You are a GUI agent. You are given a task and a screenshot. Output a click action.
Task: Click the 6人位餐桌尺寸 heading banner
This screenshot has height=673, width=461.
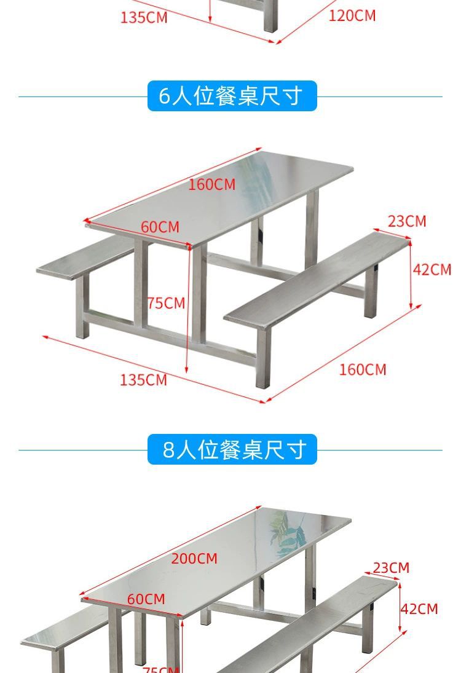point(232,96)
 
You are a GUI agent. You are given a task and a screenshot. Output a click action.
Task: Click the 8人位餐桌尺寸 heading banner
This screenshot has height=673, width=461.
point(232,450)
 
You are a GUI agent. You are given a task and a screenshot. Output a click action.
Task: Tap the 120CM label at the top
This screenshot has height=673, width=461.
point(352,16)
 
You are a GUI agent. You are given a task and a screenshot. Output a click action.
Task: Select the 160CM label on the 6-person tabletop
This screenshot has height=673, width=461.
point(211,184)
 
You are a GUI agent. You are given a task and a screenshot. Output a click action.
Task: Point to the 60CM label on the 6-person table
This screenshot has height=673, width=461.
point(160,227)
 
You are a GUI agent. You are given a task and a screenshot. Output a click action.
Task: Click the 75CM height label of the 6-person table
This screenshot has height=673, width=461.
point(166,303)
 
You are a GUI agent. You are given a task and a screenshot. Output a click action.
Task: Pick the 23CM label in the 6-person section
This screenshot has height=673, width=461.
point(406,221)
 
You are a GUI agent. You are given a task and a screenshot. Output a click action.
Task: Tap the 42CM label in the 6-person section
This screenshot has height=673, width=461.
point(432,270)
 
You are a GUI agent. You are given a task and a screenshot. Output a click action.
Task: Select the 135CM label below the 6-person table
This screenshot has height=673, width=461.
point(143,380)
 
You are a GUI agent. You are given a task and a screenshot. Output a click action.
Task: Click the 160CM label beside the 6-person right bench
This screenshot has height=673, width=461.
point(363,370)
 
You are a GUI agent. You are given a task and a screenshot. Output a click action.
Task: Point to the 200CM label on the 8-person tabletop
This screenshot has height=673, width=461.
point(194,559)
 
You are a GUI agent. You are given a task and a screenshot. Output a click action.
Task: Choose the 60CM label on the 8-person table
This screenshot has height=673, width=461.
point(146,599)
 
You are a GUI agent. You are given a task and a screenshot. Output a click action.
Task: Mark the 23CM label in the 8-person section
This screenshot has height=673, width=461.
point(391,568)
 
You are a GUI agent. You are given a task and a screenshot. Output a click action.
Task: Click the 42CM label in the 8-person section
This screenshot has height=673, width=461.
point(420,609)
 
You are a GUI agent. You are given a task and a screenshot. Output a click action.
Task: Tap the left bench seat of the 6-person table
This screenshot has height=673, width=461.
point(86,258)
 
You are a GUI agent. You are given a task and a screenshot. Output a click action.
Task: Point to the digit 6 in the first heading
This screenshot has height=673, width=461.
point(164,96)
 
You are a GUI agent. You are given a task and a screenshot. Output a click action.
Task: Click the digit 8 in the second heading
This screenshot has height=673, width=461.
point(169,450)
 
